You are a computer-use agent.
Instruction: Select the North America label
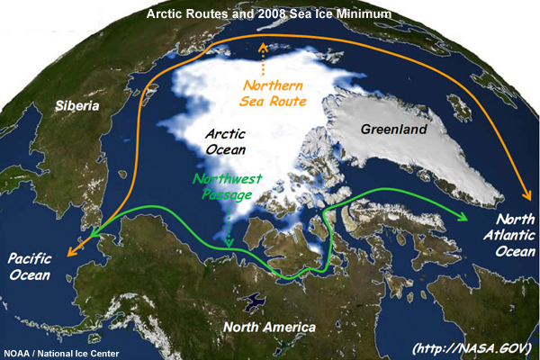click(269, 326)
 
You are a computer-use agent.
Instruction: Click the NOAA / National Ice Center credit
click(61, 353)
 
